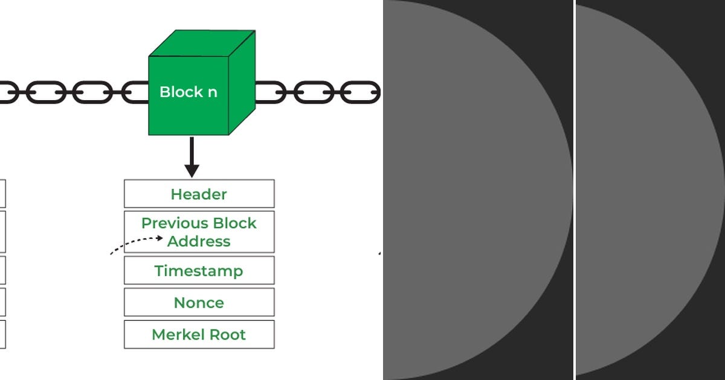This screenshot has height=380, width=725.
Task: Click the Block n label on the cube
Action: [188, 92]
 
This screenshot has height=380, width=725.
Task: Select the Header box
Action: [199, 194]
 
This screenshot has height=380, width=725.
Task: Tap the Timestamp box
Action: [199, 271]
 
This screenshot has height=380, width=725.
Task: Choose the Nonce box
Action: [199, 303]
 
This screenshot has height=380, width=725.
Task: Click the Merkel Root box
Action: [199, 335]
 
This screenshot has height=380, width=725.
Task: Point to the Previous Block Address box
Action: [199, 232]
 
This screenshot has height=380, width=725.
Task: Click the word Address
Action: [199, 241]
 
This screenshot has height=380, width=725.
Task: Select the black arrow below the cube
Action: [192, 157]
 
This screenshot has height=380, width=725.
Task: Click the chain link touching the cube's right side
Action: [269, 92]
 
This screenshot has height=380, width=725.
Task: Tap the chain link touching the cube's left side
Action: [137, 92]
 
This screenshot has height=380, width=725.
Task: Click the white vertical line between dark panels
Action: [574, 190]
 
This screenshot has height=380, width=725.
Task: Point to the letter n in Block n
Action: [212, 93]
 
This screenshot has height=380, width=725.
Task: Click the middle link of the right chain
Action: [314, 92]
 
